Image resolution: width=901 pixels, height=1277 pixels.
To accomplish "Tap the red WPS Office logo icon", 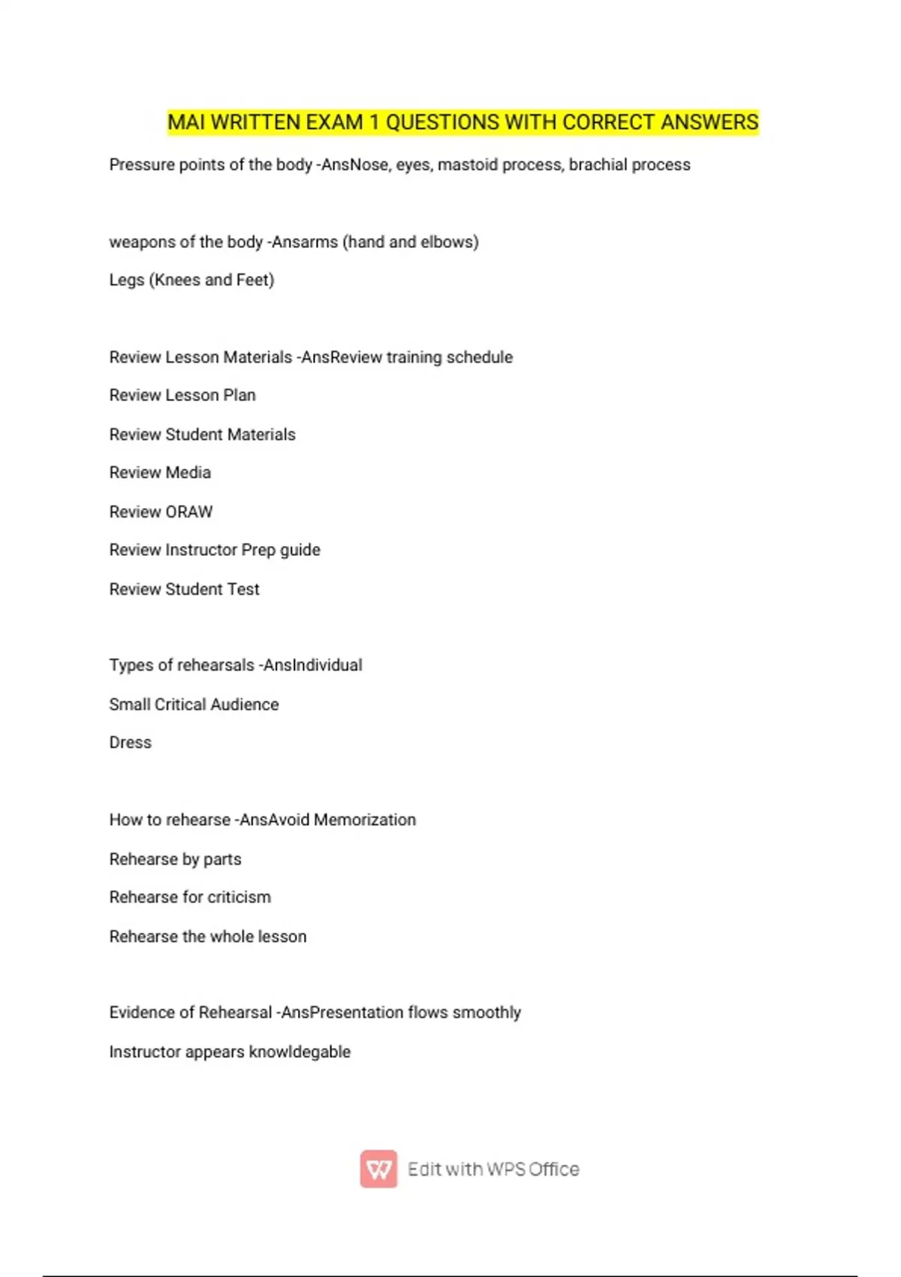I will click(378, 1169).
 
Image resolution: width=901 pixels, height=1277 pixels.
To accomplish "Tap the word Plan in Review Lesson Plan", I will click(240, 395).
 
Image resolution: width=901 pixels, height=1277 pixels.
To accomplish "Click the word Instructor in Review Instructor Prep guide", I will click(200, 550).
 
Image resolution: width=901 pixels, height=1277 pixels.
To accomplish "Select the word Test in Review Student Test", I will click(243, 590).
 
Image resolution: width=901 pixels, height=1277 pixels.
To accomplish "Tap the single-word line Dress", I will click(130, 743).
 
